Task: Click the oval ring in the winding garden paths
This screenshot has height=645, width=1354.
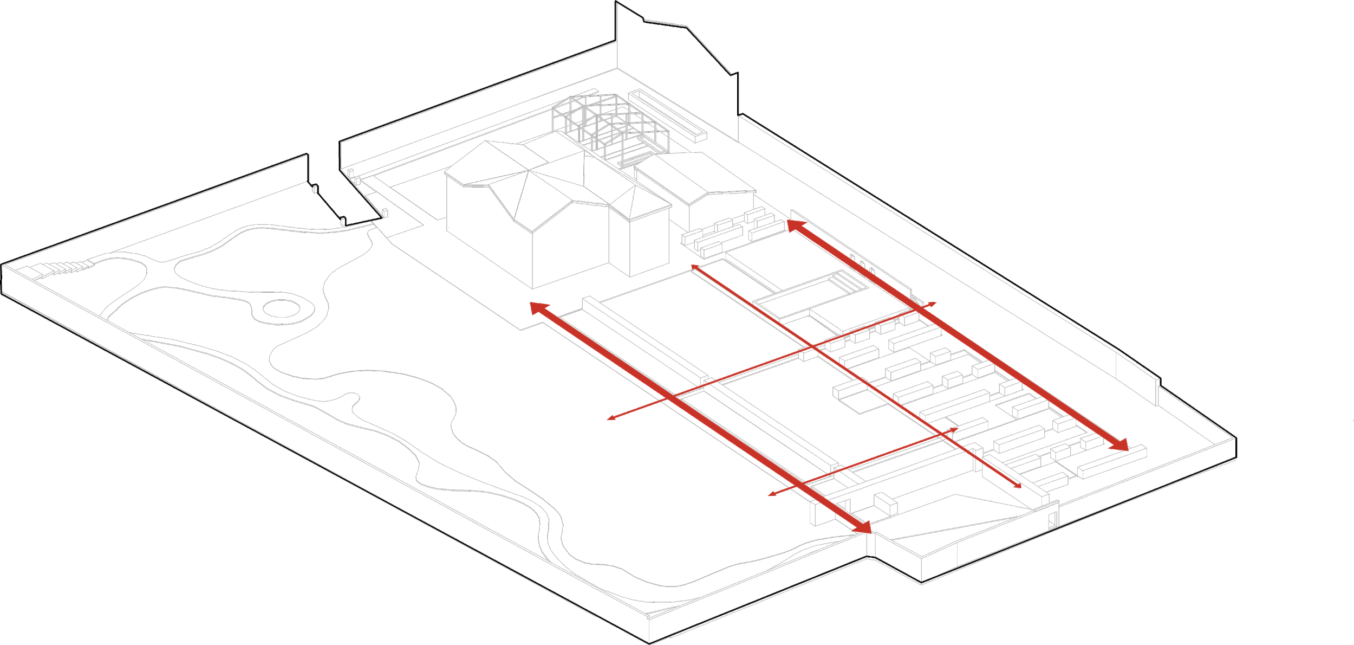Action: coord(281,309)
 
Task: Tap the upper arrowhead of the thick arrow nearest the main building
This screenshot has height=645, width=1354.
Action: coord(538,308)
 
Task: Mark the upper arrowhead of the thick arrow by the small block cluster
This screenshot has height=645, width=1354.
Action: coord(794,225)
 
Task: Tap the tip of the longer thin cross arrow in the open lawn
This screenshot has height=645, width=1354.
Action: coord(610,418)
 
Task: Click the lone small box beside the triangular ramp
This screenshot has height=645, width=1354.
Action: coord(886,502)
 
